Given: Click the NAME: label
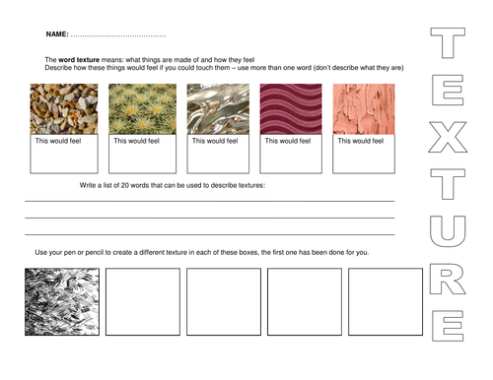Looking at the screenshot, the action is (57, 34).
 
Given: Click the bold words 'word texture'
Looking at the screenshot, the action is (79, 60).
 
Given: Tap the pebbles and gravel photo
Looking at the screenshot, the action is (64, 109).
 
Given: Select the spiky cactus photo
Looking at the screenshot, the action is (142, 109).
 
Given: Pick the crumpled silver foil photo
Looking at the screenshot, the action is (218, 109).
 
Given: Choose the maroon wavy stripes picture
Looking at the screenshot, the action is (291, 109).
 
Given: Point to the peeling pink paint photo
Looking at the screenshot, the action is (364, 109).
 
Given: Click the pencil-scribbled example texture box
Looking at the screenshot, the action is (62, 302).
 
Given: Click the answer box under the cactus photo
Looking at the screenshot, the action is (142, 154).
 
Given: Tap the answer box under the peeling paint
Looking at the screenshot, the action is (364, 154).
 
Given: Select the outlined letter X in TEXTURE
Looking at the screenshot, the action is (448, 137).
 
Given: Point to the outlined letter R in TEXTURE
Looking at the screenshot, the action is (436, 279).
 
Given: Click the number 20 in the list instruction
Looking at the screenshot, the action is (125, 185).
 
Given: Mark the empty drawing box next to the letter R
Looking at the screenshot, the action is (386, 302).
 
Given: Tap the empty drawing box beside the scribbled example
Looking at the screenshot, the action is (143, 302).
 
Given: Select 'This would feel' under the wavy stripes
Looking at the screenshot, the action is (288, 141).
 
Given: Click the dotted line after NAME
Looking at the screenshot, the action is (118, 35).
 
